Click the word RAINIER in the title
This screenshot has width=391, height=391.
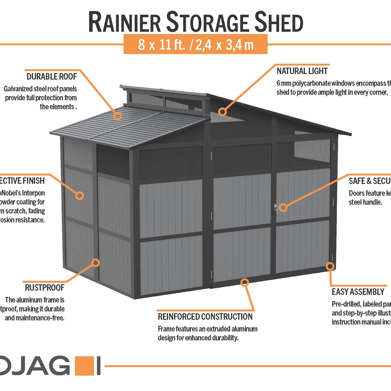pyautogui.click(x=125, y=22)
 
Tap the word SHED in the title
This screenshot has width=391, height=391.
pyautogui.click(x=279, y=22)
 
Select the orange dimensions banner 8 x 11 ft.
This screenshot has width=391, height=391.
pyautogui.click(x=195, y=44)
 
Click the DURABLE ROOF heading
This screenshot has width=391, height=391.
pyautogui.click(x=52, y=77)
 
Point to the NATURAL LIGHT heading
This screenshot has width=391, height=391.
pyautogui.click(x=302, y=71)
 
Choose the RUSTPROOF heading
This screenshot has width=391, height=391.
pyautogui.click(x=45, y=288)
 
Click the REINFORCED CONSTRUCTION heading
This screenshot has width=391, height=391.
pyautogui.click(x=205, y=317)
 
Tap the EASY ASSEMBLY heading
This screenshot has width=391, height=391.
pyautogui.click(x=358, y=292)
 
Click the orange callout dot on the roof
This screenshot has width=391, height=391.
pyautogui.click(x=118, y=116)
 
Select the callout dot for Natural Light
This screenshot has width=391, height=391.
pyautogui.click(x=222, y=112)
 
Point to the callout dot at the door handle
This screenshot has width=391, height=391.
pyautogui.click(x=283, y=207)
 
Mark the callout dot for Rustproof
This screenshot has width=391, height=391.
pyautogui.click(x=96, y=262)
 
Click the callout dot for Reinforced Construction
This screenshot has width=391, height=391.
pyautogui.click(x=245, y=282)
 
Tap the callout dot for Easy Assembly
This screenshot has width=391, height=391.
pyautogui.click(x=330, y=266)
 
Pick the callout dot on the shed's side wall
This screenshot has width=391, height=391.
pyautogui.click(x=80, y=195)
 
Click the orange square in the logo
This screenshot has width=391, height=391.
pyautogui.click(x=84, y=366)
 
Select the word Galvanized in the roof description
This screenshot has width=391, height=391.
pyautogui.click(x=18, y=89)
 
